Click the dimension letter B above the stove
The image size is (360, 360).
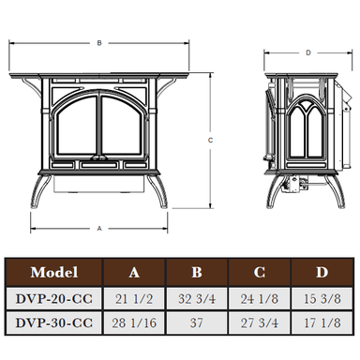click(99, 43)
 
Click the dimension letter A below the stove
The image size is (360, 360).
click(99, 229)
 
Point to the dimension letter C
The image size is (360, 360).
click(210, 141)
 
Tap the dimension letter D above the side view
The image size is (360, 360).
click(308, 52)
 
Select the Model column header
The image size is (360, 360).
click(54, 272)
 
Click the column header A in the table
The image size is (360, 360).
click(134, 273)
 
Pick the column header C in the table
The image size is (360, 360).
click(260, 272)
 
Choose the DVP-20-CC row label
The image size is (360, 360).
click(54, 299)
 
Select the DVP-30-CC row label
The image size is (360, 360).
click(54, 322)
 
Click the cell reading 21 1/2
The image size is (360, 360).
click(134, 299)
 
